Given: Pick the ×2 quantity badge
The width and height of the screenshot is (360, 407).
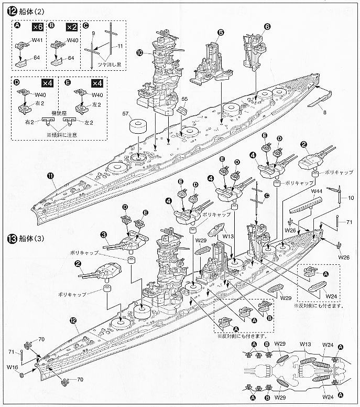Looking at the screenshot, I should [x=72, y=26].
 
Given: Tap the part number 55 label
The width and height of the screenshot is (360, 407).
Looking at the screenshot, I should [x=184, y=99].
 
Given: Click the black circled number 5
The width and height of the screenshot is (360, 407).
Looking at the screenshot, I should [x=220, y=33].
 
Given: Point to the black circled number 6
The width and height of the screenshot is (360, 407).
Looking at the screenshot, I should [x=267, y=26].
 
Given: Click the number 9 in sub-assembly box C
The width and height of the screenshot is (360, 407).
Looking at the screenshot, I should [x=92, y=34].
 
